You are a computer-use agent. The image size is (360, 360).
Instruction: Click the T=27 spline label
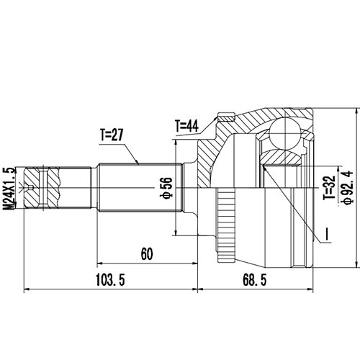point(113,134)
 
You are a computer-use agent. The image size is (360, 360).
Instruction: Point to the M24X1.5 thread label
point(9,188)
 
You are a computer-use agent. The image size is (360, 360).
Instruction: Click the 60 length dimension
point(146,253)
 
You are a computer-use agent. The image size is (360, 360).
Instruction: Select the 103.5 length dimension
point(109,281)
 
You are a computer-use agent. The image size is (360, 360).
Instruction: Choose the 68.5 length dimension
point(271,281)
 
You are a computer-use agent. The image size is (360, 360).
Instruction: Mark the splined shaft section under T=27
point(137,188)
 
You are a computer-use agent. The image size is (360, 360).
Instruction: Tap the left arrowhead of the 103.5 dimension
point(27,291)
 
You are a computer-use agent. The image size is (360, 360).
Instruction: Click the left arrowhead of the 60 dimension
point(99,264)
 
